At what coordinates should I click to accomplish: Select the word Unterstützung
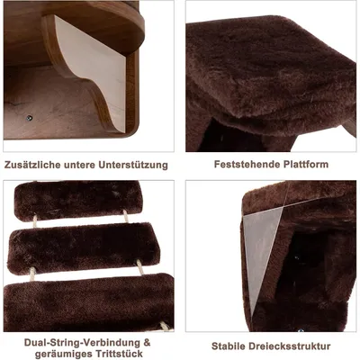tap(133, 165)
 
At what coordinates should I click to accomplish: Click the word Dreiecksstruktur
tap(288, 346)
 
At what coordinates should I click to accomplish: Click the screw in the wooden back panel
tap(29, 117)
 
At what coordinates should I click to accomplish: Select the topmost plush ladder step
tap(78, 201)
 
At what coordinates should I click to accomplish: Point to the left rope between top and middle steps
tap(35, 220)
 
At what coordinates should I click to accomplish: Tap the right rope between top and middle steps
tap(126, 216)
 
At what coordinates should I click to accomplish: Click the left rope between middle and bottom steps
tap(32, 274)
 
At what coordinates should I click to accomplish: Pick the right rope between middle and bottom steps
tap(140, 267)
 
